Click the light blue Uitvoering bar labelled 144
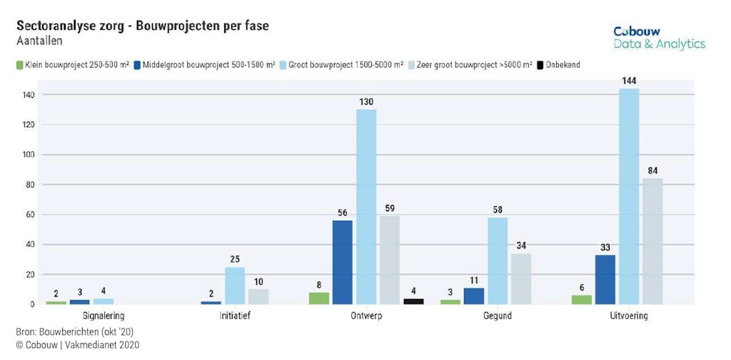click(629, 196)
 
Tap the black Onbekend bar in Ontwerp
click(413, 301)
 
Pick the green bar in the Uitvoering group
click(582, 300)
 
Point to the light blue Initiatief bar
click(235, 286)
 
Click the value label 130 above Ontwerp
click(366, 102)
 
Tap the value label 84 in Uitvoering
click(652, 171)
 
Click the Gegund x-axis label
click(497, 315)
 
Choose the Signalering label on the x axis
click(104, 315)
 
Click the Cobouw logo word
click(637, 31)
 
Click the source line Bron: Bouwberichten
click(74, 332)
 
